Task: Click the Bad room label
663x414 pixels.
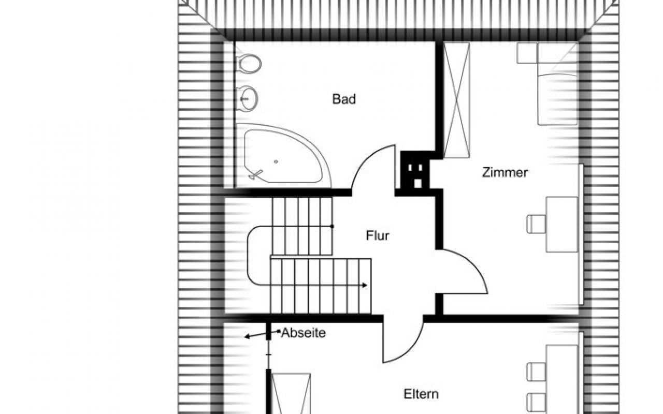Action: pos(344,99)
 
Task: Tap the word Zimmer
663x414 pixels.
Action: pos(505,172)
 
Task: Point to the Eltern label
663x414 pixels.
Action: pos(421,394)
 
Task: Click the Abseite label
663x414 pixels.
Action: pos(304,333)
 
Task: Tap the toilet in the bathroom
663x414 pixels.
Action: pos(248,64)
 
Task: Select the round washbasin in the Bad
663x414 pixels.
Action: pos(248,97)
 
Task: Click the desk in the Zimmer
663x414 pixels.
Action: pos(563,224)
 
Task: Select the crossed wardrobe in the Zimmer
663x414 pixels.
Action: pos(456,99)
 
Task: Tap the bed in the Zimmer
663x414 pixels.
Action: pos(557,84)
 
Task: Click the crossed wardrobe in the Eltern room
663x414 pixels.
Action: pos(291,393)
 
